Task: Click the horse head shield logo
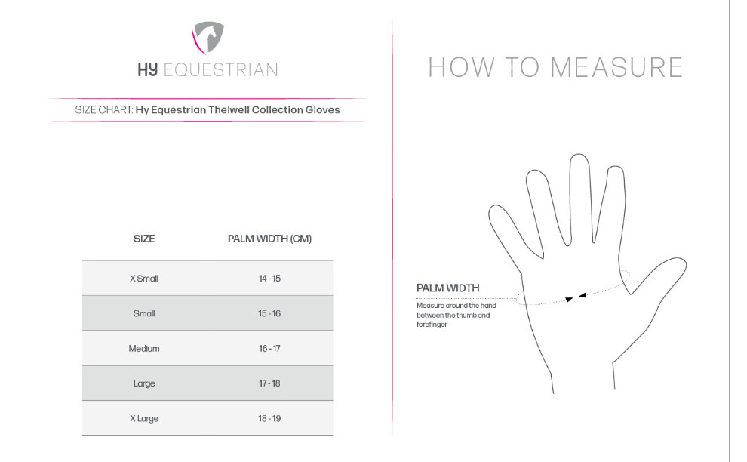tap(207, 38)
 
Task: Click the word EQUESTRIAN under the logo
tap(220, 70)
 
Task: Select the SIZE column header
tap(144, 239)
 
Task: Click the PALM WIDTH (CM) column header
tap(269, 239)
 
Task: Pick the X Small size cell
tap(144, 279)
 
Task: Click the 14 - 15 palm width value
tap(269, 279)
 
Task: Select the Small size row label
tap(144, 314)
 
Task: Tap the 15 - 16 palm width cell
tap(269, 314)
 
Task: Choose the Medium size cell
tap(144, 349)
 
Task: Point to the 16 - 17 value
tap(269, 349)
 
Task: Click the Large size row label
tap(144, 383)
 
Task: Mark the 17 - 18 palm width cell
tap(269, 383)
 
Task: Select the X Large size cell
tap(144, 419)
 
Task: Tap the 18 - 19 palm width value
tap(269, 419)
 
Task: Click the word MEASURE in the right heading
tap(617, 67)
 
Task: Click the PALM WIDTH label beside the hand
tap(447, 288)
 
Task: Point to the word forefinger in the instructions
tap(432, 325)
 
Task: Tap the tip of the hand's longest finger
tap(579, 154)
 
